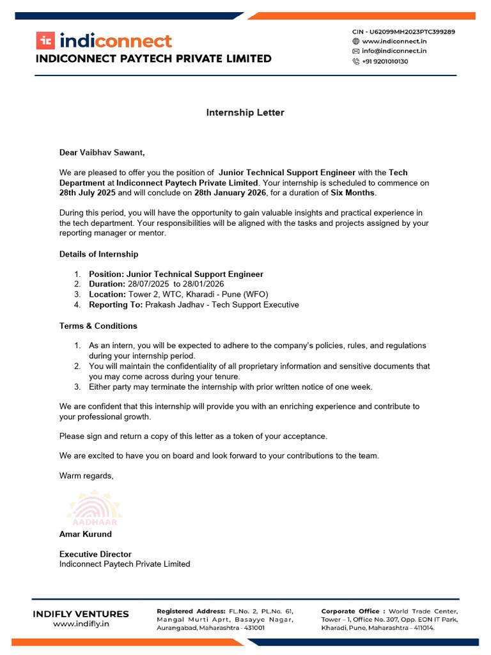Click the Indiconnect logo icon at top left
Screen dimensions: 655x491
(45, 41)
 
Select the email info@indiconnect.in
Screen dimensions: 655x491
(394, 51)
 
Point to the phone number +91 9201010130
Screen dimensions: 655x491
(385, 61)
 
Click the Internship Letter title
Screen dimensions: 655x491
(245, 113)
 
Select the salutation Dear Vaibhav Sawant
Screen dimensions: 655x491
(102, 152)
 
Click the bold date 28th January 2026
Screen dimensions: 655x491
(231, 193)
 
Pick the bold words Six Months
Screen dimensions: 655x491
(353, 193)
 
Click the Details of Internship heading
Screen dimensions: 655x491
(98, 254)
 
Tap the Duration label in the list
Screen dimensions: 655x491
(107, 284)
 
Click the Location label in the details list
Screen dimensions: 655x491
(107, 294)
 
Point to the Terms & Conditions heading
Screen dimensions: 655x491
(98, 326)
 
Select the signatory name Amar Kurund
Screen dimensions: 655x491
(86, 533)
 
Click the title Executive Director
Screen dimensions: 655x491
(95, 554)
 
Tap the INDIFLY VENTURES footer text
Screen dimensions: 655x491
(81, 614)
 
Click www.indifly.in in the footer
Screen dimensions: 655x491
(81, 624)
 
